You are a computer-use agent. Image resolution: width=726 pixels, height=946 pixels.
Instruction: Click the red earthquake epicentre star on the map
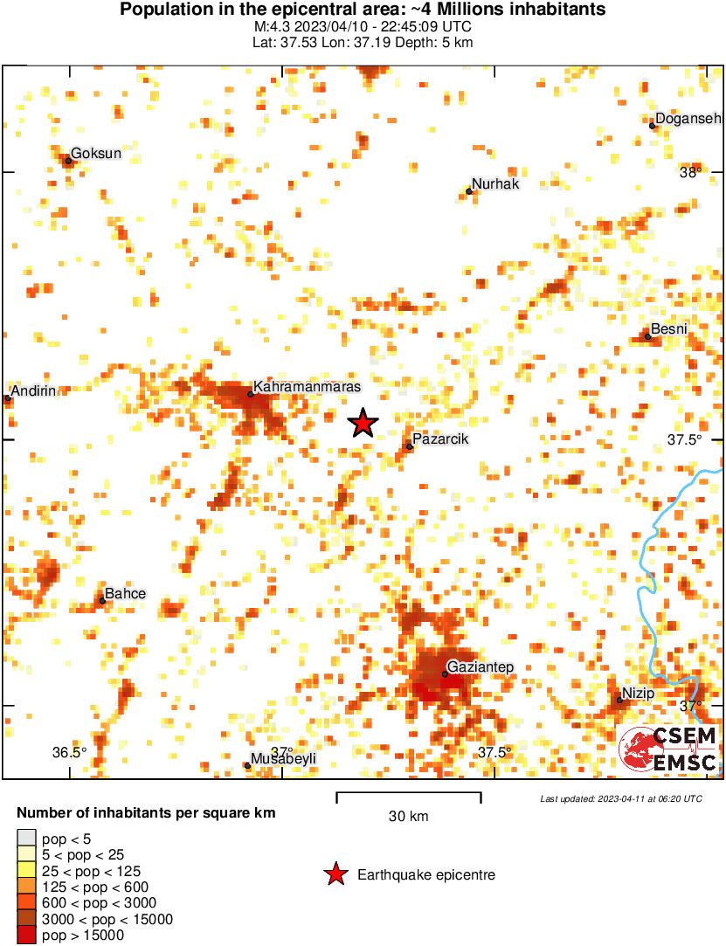click(x=363, y=423)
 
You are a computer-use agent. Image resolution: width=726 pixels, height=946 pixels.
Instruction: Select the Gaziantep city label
click(x=481, y=667)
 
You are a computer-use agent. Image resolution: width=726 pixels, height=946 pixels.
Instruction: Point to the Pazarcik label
click(x=440, y=438)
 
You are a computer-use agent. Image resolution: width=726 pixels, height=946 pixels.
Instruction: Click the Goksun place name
click(x=95, y=154)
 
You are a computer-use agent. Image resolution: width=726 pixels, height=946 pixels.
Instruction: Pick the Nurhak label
click(x=496, y=183)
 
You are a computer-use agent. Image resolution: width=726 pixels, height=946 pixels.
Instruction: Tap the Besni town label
click(x=670, y=328)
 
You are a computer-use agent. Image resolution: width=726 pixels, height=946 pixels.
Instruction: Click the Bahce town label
click(x=125, y=594)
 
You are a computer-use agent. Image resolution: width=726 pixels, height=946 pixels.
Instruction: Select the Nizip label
click(x=639, y=693)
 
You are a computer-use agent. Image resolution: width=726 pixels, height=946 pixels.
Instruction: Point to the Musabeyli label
click(x=283, y=758)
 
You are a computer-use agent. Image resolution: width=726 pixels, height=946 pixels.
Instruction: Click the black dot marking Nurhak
click(x=469, y=191)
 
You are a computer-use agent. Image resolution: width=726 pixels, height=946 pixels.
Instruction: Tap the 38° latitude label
click(x=690, y=173)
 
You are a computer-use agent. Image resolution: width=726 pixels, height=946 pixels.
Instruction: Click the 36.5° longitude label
click(x=69, y=752)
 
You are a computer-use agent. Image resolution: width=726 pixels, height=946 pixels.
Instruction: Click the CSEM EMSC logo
click(x=668, y=749)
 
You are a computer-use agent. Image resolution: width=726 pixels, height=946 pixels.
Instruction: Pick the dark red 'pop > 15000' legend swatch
click(x=26, y=936)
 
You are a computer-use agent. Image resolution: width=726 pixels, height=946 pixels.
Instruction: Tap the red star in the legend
click(x=335, y=874)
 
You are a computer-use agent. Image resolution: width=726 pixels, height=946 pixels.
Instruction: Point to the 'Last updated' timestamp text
click(x=620, y=798)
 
